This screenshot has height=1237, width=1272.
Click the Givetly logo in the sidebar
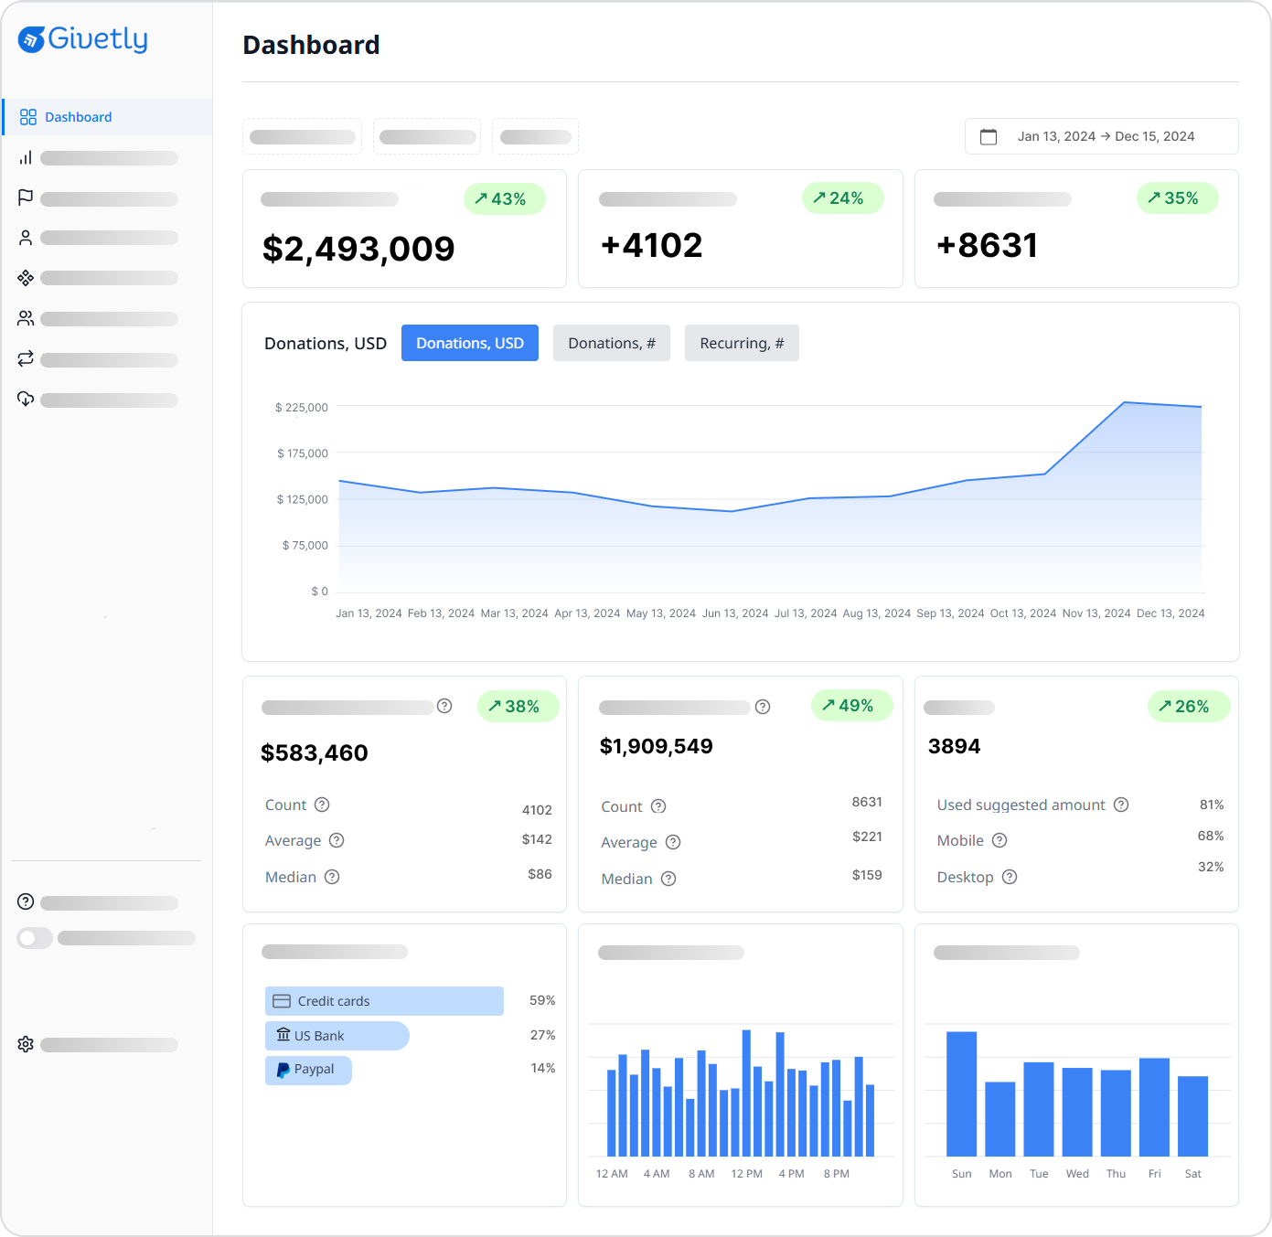click(x=82, y=39)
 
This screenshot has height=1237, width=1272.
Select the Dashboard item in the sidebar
click(x=78, y=117)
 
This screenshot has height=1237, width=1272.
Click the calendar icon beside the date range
click(x=989, y=136)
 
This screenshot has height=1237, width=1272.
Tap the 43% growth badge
click(x=504, y=199)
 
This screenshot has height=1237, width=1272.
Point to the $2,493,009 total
click(x=358, y=249)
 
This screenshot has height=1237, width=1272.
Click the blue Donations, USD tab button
click(x=469, y=343)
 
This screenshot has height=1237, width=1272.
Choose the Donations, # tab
click(x=611, y=343)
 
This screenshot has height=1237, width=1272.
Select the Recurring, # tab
click(x=741, y=343)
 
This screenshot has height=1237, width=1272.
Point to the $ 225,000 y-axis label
click(x=301, y=408)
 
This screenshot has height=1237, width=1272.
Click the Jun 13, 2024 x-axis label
click(x=735, y=613)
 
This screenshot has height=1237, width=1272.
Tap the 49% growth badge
click(x=850, y=706)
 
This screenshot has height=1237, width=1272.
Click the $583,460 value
click(x=314, y=752)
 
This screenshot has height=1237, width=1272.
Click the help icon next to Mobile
click(x=999, y=840)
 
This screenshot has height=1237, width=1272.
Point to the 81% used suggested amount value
click(x=1211, y=805)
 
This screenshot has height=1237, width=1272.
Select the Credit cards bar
click(x=384, y=1001)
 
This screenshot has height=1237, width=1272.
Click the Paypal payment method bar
click(x=308, y=1070)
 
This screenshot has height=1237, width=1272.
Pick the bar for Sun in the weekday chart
click(x=961, y=1093)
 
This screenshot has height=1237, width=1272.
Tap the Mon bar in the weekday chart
click(x=999, y=1119)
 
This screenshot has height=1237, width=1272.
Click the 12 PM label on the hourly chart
click(x=746, y=1174)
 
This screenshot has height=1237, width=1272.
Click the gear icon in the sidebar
click(x=26, y=1044)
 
